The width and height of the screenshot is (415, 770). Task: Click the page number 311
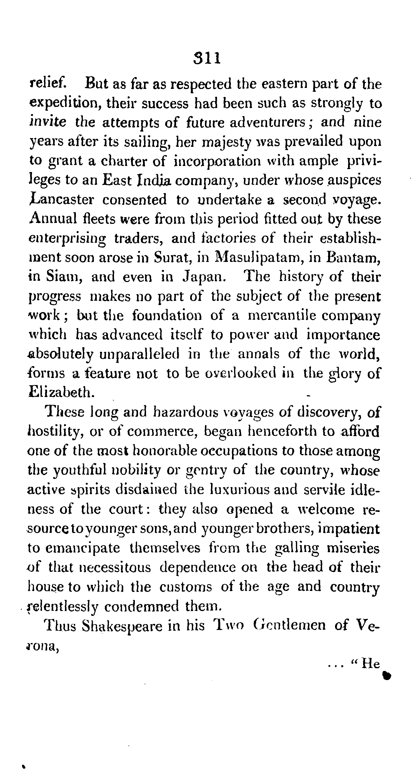(x=207, y=58)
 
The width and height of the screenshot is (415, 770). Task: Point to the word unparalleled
(x=139, y=354)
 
